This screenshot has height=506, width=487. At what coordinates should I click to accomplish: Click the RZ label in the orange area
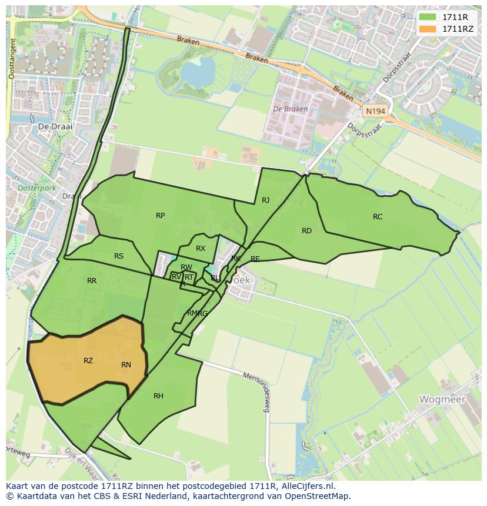point(88,361)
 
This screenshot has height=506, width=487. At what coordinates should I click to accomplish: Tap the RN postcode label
point(126,365)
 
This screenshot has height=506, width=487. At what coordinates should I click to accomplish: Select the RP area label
point(160,216)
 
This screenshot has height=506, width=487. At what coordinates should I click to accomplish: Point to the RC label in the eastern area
point(378,217)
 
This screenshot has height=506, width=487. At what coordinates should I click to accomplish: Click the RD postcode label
point(306,231)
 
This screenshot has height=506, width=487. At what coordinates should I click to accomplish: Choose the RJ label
point(265,200)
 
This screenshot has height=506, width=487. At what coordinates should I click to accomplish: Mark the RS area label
point(119,256)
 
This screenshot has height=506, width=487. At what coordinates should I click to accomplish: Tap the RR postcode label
point(92,281)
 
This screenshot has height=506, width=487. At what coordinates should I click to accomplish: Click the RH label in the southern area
point(158,396)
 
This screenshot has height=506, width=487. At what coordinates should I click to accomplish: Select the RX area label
point(201,249)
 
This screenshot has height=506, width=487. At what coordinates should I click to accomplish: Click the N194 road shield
point(374,110)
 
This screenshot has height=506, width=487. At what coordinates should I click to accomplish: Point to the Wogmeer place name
point(442,400)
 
